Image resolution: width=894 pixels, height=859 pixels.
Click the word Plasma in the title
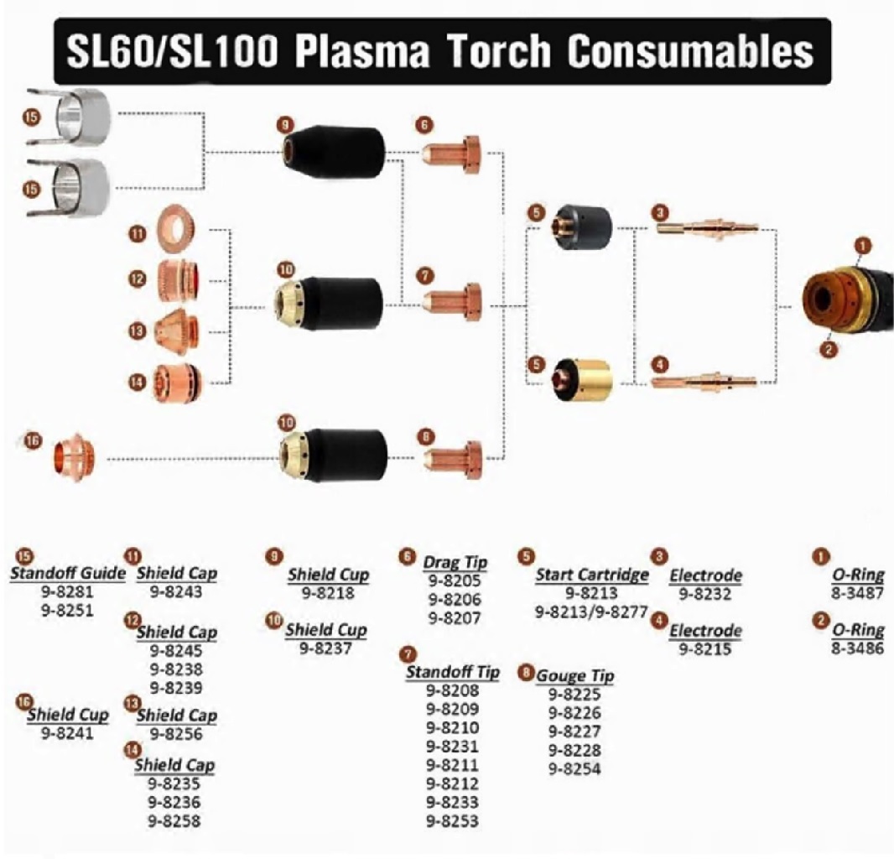coord(362,50)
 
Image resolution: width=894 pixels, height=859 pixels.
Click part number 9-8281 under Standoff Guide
coord(67,591)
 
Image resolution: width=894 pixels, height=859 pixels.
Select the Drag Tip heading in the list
coord(455,562)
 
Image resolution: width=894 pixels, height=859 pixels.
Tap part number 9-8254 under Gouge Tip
coord(574,768)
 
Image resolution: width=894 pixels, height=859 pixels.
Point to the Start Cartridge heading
coord(592,575)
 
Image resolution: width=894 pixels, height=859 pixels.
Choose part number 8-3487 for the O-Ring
coord(857,592)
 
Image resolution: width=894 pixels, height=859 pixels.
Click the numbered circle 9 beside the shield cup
coord(285,125)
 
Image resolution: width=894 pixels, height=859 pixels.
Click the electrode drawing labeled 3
coord(707,228)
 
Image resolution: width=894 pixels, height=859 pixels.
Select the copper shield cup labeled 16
coord(74,457)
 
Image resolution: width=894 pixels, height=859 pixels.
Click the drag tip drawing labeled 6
coord(452,154)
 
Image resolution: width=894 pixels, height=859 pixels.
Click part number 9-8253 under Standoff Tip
coord(452,820)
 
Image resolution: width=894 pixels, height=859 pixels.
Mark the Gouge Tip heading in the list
coord(575,675)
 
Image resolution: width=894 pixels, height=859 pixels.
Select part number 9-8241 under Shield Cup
coord(67,733)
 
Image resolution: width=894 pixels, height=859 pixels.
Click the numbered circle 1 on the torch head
coord(863,246)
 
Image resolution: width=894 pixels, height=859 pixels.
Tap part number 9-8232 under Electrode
coord(704,594)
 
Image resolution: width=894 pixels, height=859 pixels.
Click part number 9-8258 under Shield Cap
coord(174,820)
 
